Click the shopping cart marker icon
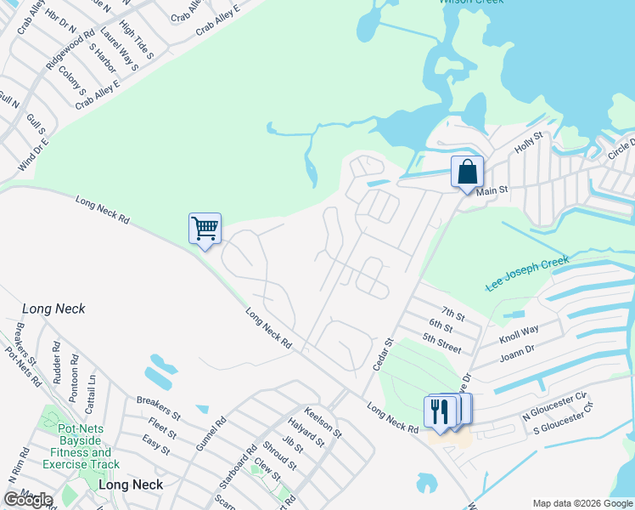click(205, 228)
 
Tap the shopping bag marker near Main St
click(467, 172)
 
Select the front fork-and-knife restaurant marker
click(437, 412)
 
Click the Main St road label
click(492, 191)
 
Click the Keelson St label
click(323, 421)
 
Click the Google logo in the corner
click(28, 500)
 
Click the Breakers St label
click(158, 406)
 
